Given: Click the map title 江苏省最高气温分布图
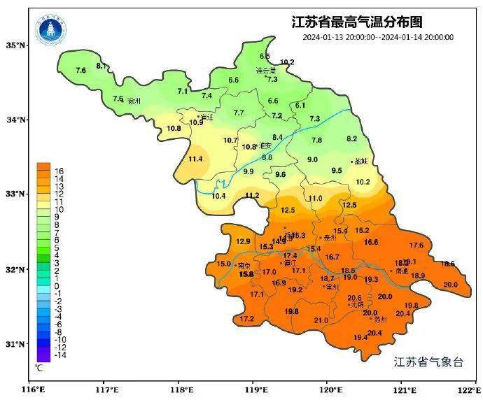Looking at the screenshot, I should click(357, 22).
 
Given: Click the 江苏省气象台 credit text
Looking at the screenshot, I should click(428, 362).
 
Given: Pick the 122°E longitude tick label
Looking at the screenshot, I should click(468, 390).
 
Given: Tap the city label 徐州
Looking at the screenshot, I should click(133, 101).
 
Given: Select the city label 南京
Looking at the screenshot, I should click(244, 266).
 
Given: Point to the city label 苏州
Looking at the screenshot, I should click(380, 320).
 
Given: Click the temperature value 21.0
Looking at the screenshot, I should click(321, 320).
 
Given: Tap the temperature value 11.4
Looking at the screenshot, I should click(195, 159).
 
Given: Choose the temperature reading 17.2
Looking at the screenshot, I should click(246, 319).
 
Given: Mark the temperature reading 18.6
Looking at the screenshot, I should click(448, 264).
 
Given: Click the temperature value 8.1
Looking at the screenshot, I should click(101, 66).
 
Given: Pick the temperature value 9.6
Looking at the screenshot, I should click(281, 174).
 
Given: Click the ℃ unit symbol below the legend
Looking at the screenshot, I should click(40, 367).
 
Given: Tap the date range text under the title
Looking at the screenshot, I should click(378, 37).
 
